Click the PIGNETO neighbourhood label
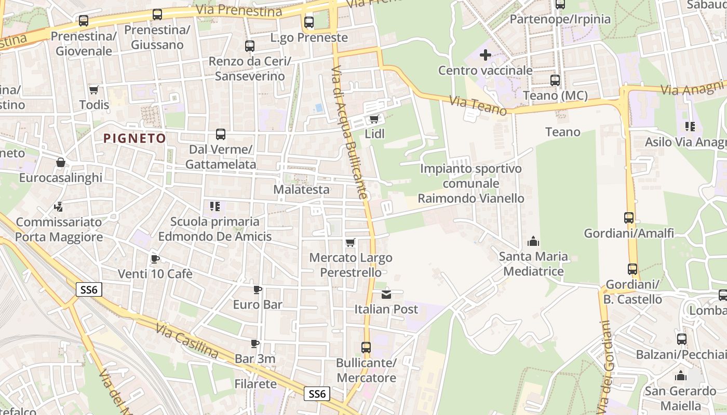coord(134,139)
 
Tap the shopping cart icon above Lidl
coord(374,119)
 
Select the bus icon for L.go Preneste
coord(309,22)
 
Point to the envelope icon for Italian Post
coord(386,295)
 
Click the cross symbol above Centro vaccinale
coord(485,54)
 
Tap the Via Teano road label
coord(478,106)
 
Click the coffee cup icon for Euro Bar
coord(257,289)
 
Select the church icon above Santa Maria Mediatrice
coord(533,241)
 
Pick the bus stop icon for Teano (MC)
coord(555,80)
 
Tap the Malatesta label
coord(301,189)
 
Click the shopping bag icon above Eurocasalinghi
coord(61,163)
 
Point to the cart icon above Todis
coord(94,90)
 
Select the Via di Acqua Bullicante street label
coord(349,132)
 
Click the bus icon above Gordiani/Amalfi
coord(629,218)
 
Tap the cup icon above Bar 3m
coord(255,343)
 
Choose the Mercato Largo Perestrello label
coord(351,265)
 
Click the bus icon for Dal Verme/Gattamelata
coord(221,134)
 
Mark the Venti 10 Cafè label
coord(155,273)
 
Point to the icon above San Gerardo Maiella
coord(680,376)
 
